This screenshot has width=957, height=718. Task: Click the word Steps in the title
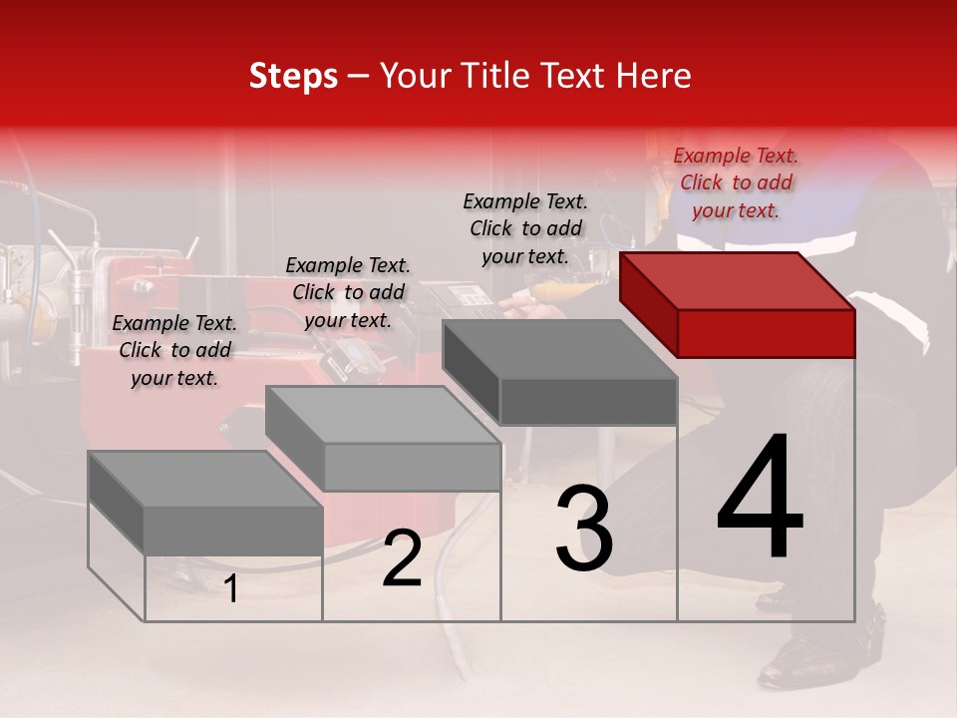(293, 76)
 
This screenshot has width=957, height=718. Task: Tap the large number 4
(760, 498)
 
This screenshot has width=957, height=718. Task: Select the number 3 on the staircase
(584, 529)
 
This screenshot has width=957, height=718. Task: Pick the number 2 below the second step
(402, 559)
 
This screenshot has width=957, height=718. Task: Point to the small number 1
(230, 589)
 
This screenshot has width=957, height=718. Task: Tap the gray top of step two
(384, 415)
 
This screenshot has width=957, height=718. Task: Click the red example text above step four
(736, 182)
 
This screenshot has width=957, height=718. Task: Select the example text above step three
(525, 228)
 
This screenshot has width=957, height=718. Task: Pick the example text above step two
(348, 292)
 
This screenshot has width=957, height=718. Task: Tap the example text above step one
(174, 350)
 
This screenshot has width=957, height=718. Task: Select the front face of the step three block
(588, 401)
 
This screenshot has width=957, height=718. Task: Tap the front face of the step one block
(233, 530)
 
